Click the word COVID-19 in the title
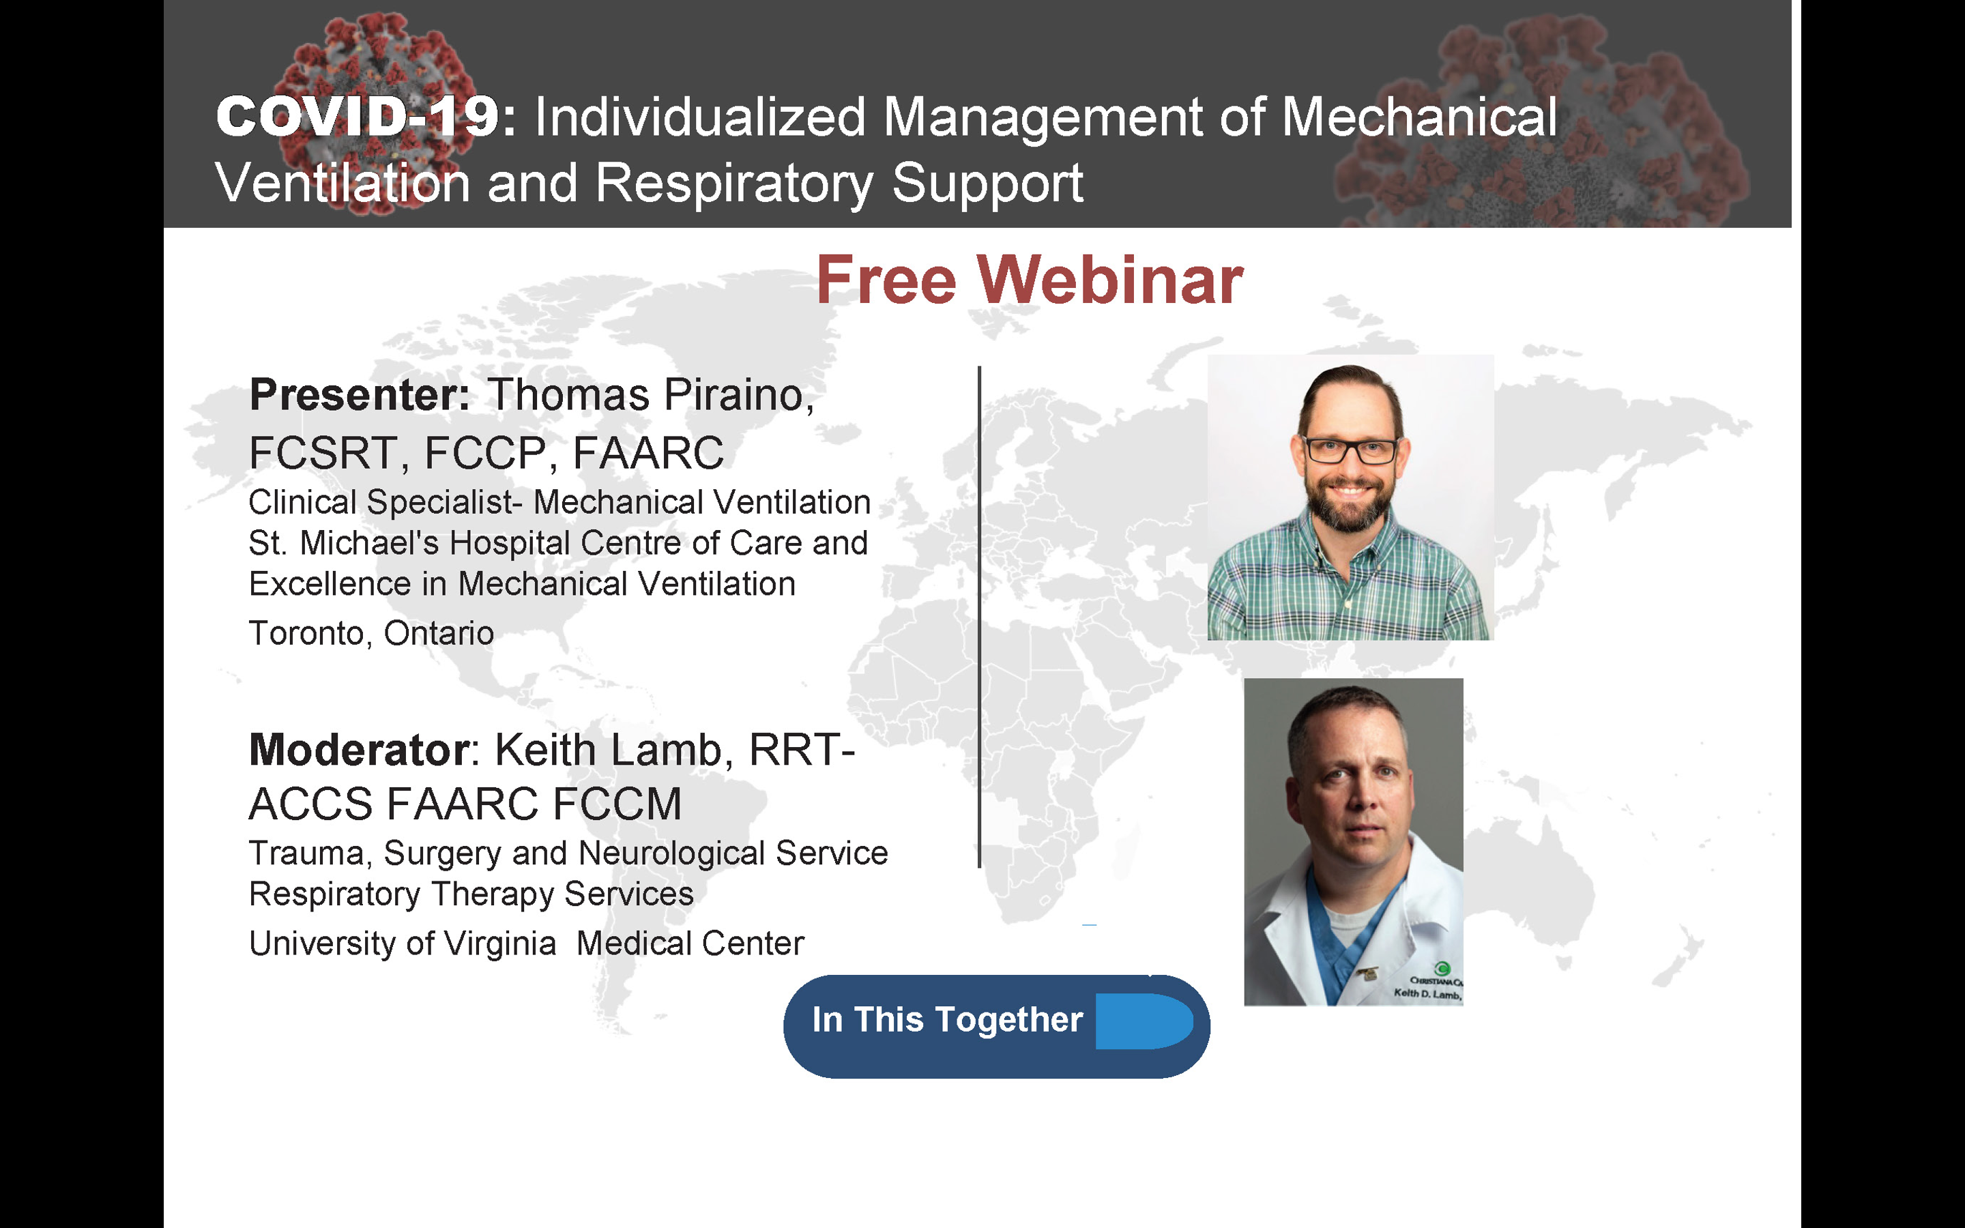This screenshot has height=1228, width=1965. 358,116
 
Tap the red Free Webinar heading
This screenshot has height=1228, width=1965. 1029,280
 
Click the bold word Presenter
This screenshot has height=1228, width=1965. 359,396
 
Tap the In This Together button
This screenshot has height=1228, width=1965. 996,1027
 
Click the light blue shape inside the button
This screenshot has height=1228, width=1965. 1144,1021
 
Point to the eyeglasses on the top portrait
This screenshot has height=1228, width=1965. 1350,449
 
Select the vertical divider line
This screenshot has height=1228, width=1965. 979,617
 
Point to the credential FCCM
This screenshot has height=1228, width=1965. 617,804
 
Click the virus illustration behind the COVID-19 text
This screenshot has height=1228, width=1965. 373,114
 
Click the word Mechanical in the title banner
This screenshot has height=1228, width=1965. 1419,116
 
